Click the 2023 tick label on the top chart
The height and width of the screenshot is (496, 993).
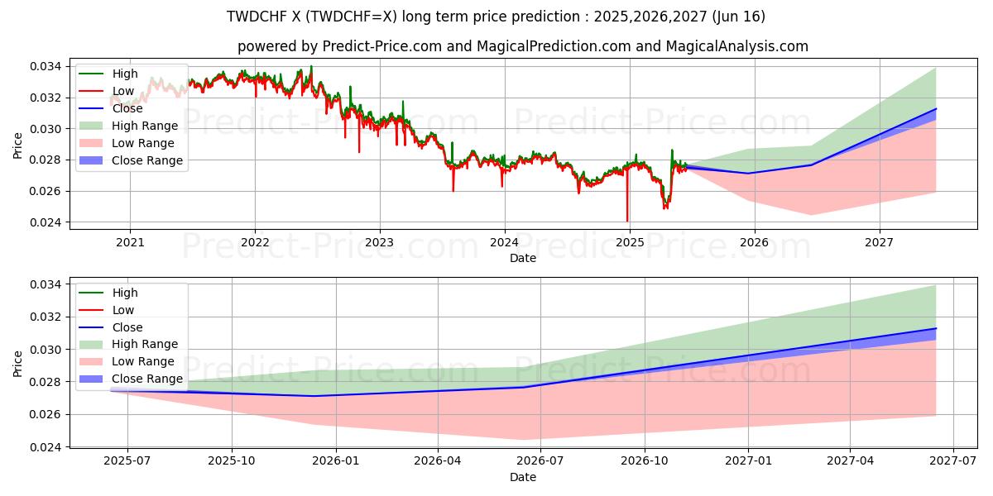tap(380, 242)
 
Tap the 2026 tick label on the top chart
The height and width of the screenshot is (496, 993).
tap(754, 242)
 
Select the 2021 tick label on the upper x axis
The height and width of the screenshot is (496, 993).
tap(130, 242)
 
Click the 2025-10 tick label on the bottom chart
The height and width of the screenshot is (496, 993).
tap(232, 461)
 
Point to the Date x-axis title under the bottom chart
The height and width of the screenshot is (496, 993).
tap(522, 477)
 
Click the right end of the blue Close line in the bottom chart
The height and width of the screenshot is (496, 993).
tap(936, 329)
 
